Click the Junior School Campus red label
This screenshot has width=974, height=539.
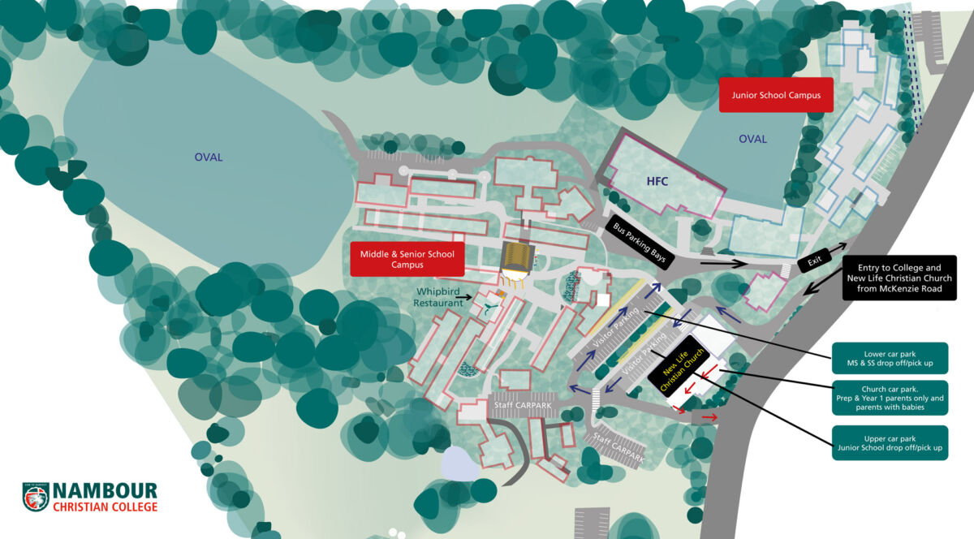coord(776,95)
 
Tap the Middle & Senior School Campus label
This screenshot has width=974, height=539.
coord(407,259)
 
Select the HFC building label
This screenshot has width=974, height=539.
coord(657,181)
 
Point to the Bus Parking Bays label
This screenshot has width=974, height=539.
coord(640,244)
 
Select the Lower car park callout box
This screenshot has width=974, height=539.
coord(890,358)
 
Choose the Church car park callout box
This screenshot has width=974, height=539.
coord(890,399)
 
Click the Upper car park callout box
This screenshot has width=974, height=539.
coord(890,442)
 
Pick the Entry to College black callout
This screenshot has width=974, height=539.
coord(899,278)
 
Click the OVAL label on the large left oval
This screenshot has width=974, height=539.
coord(208,157)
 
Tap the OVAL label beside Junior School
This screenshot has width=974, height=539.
coord(752,140)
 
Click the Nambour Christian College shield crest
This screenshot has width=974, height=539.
coord(36,498)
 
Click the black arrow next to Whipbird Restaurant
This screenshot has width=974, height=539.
coord(463,298)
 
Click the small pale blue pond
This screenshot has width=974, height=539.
coord(459,464)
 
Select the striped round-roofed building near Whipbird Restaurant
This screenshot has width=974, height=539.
coord(517,258)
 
